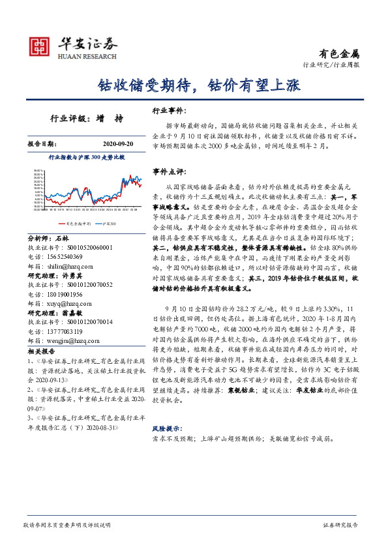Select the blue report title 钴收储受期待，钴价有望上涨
(194, 85)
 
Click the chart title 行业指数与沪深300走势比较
(86, 158)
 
